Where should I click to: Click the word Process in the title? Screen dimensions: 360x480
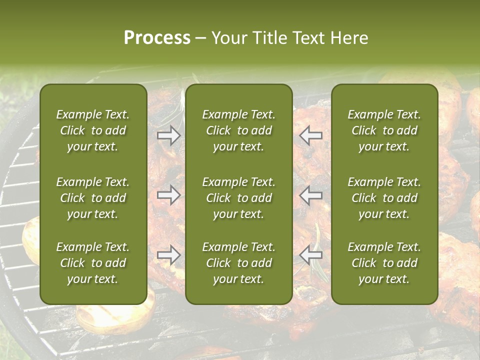[x=157, y=38]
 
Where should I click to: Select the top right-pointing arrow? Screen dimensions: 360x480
[x=169, y=135]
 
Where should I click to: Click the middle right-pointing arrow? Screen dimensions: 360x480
[x=169, y=195]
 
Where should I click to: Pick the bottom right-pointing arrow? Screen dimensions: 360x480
[x=169, y=255]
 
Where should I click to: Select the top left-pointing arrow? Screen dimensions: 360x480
[x=311, y=135]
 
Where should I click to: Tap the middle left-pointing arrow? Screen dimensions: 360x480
[x=311, y=195]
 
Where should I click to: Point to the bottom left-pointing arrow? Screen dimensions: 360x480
[x=311, y=255]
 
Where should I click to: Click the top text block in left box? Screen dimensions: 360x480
[x=93, y=130]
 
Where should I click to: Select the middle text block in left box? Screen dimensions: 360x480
[x=93, y=198]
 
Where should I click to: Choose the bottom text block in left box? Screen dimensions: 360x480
[x=93, y=263]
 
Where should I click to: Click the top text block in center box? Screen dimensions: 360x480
[x=239, y=130]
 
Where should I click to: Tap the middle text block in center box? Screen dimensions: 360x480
[x=239, y=198]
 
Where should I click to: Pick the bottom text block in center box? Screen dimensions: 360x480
[x=239, y=263]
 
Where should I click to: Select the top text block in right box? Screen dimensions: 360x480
[x=384, y=130]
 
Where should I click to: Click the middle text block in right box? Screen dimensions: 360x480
[x=384, y=198]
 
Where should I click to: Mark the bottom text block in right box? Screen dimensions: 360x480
[x=384, y=263]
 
